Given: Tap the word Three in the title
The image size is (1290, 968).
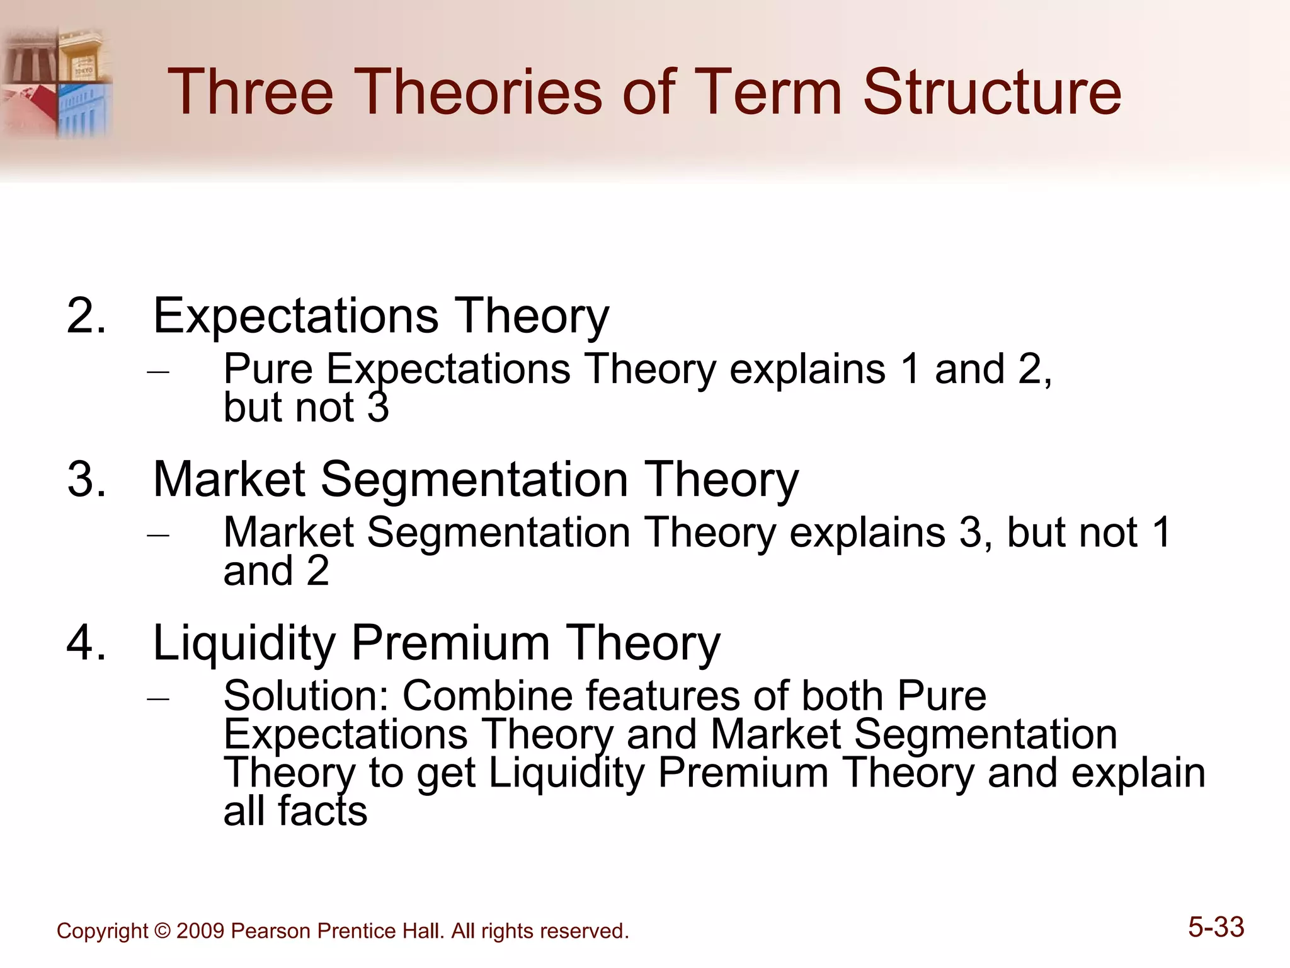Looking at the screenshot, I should pyautogui.click(x=250, y=93).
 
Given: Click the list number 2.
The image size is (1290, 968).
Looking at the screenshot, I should pyautogui.click(x=86, y=316).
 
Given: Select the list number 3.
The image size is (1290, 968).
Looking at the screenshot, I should pyautogui.click(x=86, y=480).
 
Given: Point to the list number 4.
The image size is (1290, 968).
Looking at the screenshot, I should pyautogui.click(x=86, y=643).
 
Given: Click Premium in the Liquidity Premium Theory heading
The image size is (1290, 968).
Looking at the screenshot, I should pyautogui.click(x=450, y=643).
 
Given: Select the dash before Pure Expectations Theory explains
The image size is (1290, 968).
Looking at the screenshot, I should pyautogui.click(x=158, y=372).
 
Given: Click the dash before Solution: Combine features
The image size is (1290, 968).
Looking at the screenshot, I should pyautogui.click(x=158, y=699).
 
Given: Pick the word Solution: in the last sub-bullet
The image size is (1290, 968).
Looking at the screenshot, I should pyautogui.click(x=307, y=696).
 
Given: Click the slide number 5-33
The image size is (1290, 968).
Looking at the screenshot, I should pyautogui.click(x=1216, y=927).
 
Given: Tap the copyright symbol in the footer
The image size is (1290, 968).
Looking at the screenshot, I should pyautogui.click(x=162, y=931).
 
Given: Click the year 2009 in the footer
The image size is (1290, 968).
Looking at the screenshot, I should pyautogui.click(x=200, y=931).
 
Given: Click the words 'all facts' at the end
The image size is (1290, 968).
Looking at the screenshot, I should pyautogui.click(x=295, y=811).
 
